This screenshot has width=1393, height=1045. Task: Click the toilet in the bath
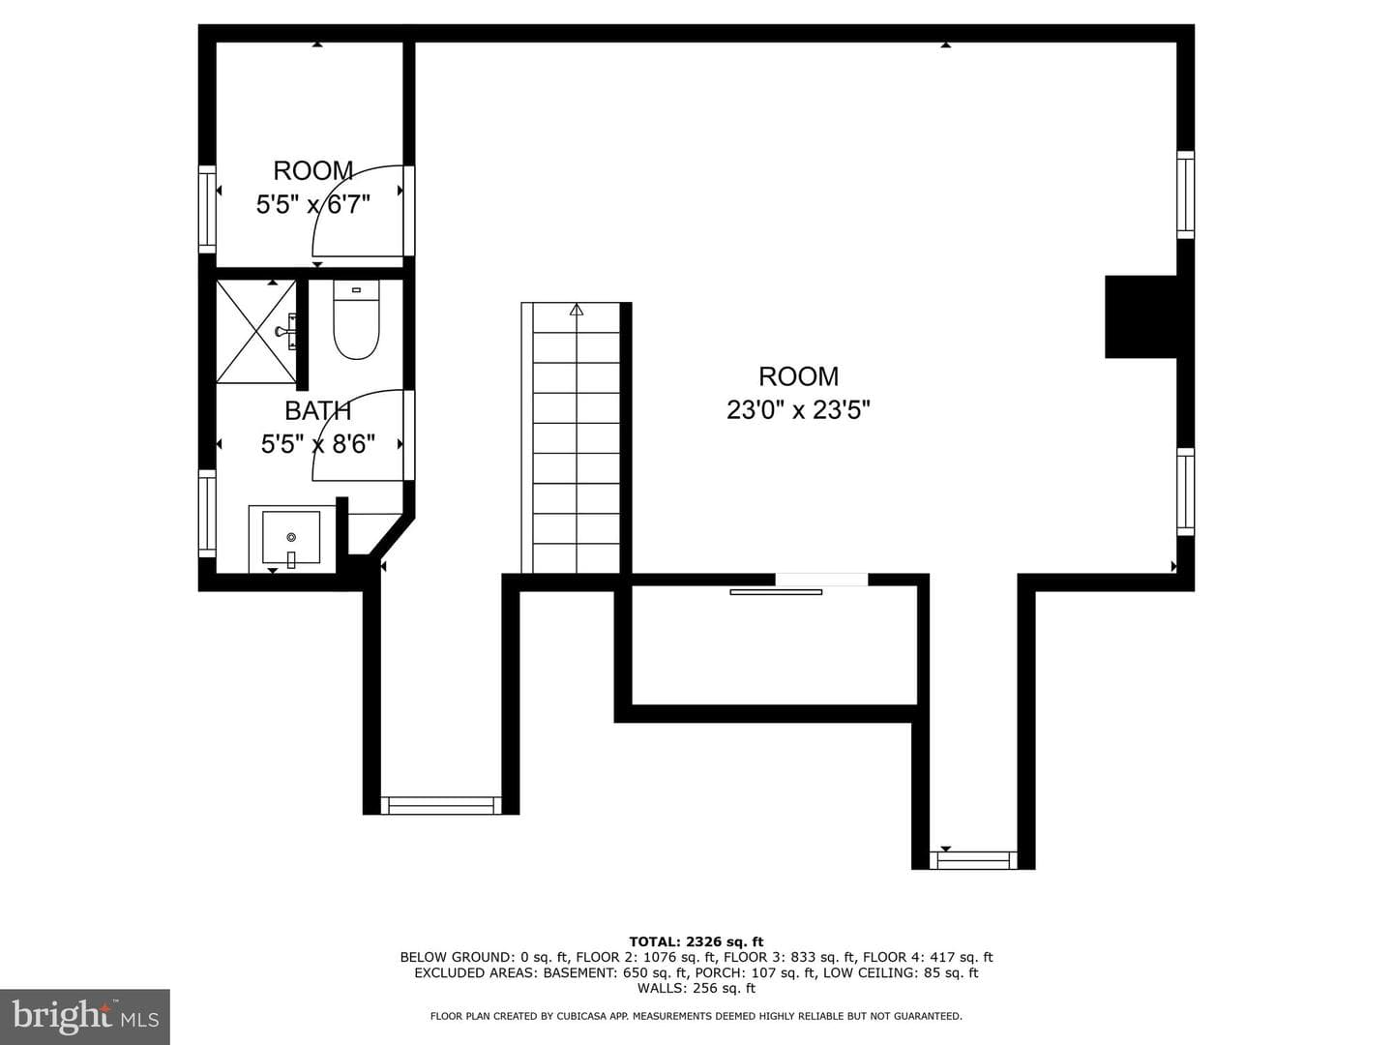pos(356,319)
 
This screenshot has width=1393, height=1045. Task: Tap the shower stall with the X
pos(255,331)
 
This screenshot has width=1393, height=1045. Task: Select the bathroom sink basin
pos(291,537)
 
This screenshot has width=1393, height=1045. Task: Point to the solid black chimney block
pos(1141,316)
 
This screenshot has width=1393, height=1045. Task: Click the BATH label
pos(318,411)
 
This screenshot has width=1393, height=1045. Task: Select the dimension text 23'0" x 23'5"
pos(798,410)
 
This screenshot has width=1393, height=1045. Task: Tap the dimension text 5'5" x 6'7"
pos(312,205)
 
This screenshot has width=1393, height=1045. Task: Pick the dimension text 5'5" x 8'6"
pos(318,444)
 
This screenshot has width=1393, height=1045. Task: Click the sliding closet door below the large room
pos(776,592)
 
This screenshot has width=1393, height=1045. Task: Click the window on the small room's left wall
pos(207,209)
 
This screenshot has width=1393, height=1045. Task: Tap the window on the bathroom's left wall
pos(207,513)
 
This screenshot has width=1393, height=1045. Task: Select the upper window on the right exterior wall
pos(1185,194)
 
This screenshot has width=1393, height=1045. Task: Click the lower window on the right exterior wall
pos(1185,492)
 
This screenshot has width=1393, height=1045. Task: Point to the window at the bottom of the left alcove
pos(441,805)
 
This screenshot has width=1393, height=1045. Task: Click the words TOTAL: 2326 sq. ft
pos(696,941)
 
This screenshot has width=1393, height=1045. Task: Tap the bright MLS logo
pos(85,1017)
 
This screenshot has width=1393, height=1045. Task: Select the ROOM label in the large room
pos(798,377)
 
